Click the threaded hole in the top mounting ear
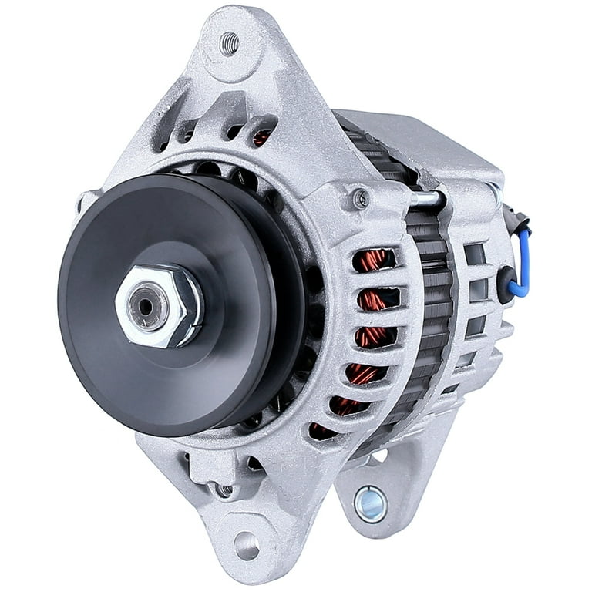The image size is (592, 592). pyautogui.click(x=229, y=43)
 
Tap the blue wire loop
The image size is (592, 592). pyautogui.click(x=524, y=262)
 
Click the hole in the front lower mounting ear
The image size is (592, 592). pyautogui.click(x=246, y=546)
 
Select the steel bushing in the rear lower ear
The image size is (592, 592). pyautogui.click(x=371, y=503)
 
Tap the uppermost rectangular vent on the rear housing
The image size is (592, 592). pyautogui.click(x=475, y=253)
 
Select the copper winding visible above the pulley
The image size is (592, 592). pyautogui.click(x=262, y=138)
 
